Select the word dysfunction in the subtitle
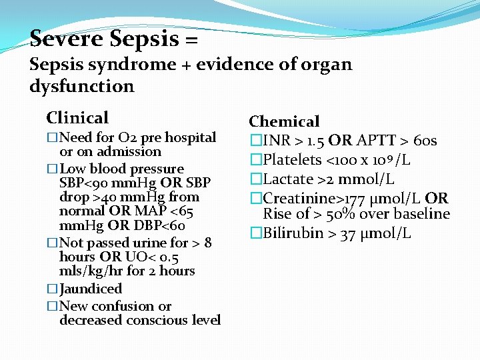click(81, 86)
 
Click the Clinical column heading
click(77, 118)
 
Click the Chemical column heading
click(284, 121)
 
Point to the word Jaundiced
click(91, 289)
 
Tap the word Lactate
click(288, 179)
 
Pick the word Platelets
click(292, 159)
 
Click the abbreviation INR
click(276, 140)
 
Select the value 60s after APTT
click(425, 140)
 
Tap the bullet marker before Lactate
click(255, 179)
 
